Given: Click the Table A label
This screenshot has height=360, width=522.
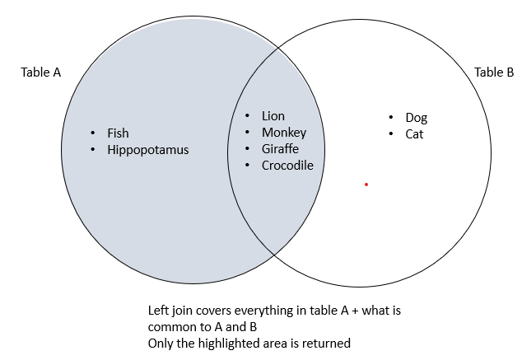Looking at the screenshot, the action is pos(40,72).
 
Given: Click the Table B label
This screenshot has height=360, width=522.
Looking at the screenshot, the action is pos(494,72).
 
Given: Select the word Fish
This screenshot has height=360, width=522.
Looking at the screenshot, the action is pos(118,133).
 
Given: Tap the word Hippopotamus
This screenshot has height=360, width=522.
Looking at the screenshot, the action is pos(147,150).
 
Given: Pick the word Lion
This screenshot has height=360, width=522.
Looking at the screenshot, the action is pos(273,116).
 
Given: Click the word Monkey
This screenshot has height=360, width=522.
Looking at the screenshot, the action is pos(284,133).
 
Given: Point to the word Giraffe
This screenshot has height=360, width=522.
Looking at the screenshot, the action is pos(280,149).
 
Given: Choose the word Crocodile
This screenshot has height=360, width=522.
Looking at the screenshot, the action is pos(287,166).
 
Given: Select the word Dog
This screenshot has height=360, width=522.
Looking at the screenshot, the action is pos(417,118).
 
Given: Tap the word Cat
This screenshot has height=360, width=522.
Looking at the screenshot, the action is pos(414,133).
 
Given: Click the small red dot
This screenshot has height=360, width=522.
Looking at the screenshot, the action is pos(366,185).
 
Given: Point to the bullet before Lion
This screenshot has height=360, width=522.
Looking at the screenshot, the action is pos(248,116).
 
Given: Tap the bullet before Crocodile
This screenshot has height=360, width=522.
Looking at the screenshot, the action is pos(248,166).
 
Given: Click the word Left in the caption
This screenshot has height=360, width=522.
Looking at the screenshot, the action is pos(158,312).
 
